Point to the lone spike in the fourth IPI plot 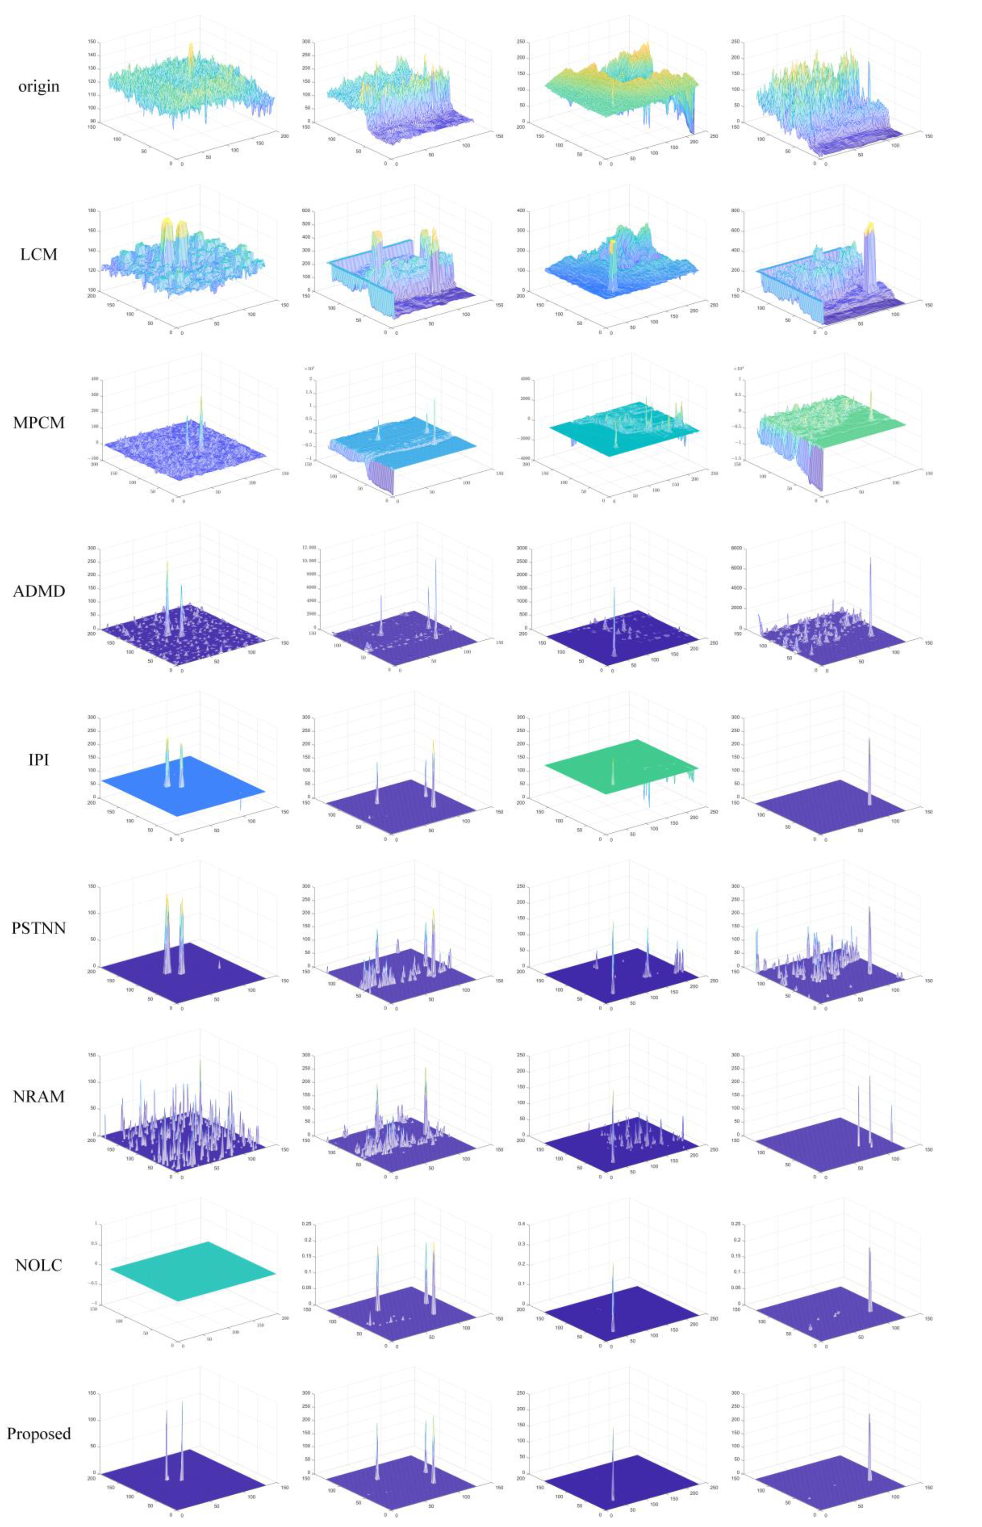[869, 771]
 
